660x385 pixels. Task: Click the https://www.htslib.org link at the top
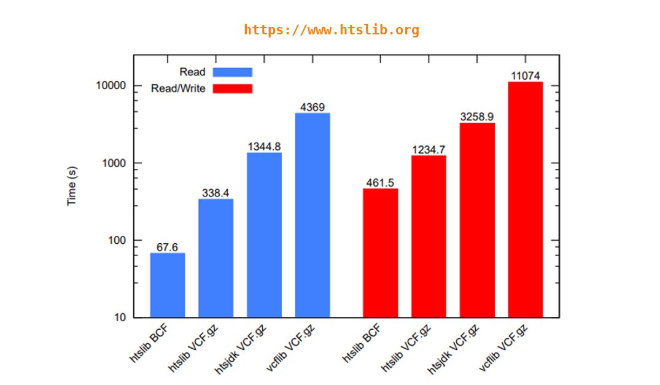(331, 30)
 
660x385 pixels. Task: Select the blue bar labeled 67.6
(168, 285)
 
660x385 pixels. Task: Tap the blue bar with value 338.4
(215, 258)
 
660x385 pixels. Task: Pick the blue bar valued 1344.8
(265, 235)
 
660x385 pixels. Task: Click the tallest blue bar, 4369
(313, 215)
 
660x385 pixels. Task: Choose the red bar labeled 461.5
(380, 252)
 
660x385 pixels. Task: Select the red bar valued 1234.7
(429, 236)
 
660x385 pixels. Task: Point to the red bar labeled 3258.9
(477, 220)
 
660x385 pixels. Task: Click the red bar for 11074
(526, 200)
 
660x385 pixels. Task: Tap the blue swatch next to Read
(233, 72)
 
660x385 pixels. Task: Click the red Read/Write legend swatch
(233, 88)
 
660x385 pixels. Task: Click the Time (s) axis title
(72, 185)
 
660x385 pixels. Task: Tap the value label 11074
(526, 76)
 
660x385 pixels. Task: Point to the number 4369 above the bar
(313, 107)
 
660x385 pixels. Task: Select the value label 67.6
(167, 247)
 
